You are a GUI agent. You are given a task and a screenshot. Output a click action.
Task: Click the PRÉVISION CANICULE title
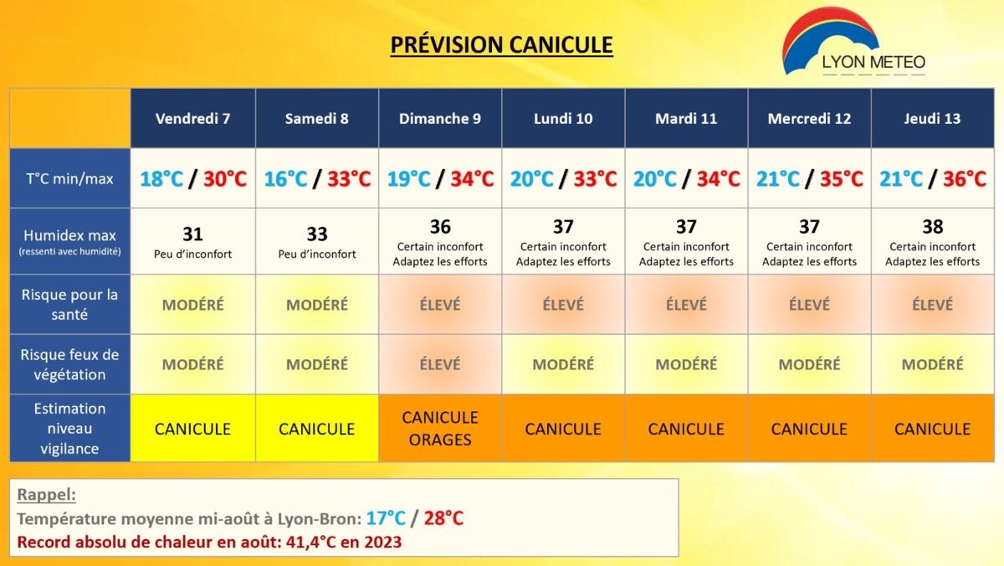(x=501, y=45)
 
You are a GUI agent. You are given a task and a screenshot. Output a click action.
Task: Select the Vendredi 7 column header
(x=192, y=118)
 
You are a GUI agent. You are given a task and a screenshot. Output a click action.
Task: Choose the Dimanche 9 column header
(x=440, y=118)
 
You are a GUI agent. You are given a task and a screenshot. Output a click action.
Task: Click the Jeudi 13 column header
(x=932, y=118)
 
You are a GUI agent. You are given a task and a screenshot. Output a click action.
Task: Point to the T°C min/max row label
(x=70, y=178)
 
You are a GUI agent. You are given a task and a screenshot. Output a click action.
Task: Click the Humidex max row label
(x=70, y=241)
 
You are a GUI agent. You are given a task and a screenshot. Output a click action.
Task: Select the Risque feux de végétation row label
(x=70, y=364)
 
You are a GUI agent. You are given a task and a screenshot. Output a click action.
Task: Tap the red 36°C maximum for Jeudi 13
(x=965, y=179)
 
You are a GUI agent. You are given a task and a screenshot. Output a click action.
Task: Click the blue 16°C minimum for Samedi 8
(x=285, y=179)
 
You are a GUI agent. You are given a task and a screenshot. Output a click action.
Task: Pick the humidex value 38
(x=933, y=227)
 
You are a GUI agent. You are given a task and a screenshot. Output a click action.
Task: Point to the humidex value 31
(x=192, y=234)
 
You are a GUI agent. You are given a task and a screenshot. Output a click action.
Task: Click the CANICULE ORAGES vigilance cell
(x=440, y=429)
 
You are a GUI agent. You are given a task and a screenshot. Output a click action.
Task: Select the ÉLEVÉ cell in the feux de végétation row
(x=440, y=364)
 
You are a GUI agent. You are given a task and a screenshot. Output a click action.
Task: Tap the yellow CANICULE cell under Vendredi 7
(x=192, y=429)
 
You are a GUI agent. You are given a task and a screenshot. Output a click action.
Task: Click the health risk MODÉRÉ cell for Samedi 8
(x=317, y=305)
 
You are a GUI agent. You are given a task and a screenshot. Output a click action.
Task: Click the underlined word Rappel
(x=46, y=494)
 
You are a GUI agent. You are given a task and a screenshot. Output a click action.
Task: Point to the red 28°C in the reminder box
(x=443, y=518)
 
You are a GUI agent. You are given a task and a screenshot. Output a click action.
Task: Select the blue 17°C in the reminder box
(x=386, y=518)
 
